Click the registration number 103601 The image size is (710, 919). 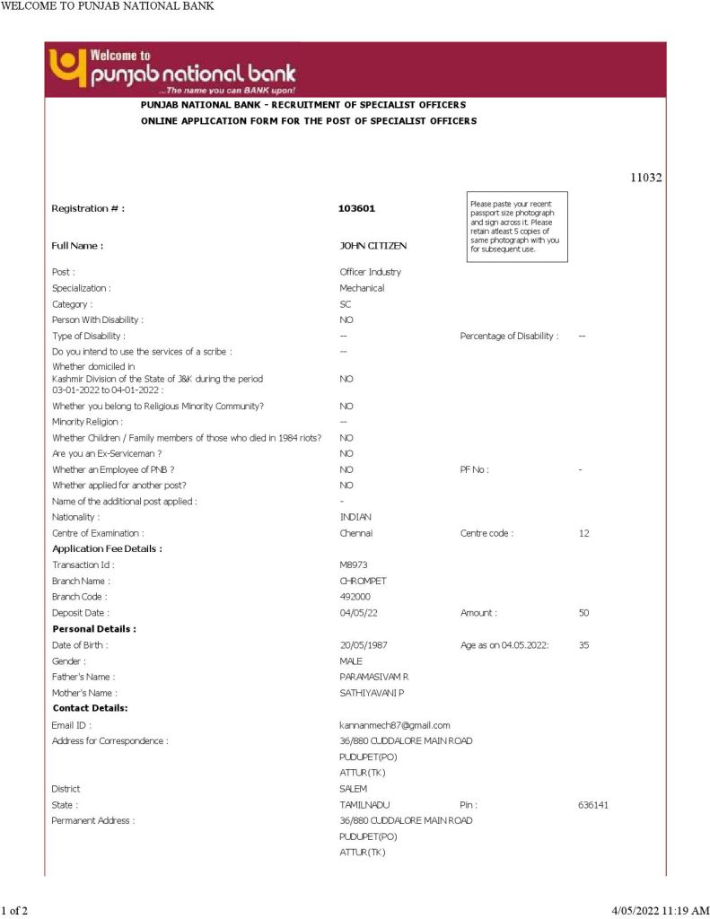(x=356, y=208)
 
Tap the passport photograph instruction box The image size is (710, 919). (x=516, y=226)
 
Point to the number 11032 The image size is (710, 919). (x=645, y=178)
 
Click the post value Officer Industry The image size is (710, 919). (x=370, y=272)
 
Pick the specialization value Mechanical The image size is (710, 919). (x=362, y=288)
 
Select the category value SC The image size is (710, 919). (x=346, y=304)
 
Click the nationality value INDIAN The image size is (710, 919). (x=355, y=517)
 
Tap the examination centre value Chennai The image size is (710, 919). (x=355, y=533)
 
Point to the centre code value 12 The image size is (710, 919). (x=583, y=533)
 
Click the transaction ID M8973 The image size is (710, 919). (x=354, y=565)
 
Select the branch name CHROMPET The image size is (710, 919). (x=363, y=581)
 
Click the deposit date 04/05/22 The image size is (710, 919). (x=357, y=613)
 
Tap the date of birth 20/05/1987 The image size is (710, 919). (x=363, y=645)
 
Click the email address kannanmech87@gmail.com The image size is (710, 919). (x=394, y=725)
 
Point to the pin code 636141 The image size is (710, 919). (x=593, y=805)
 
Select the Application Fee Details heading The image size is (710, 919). (x=107, y=548)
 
